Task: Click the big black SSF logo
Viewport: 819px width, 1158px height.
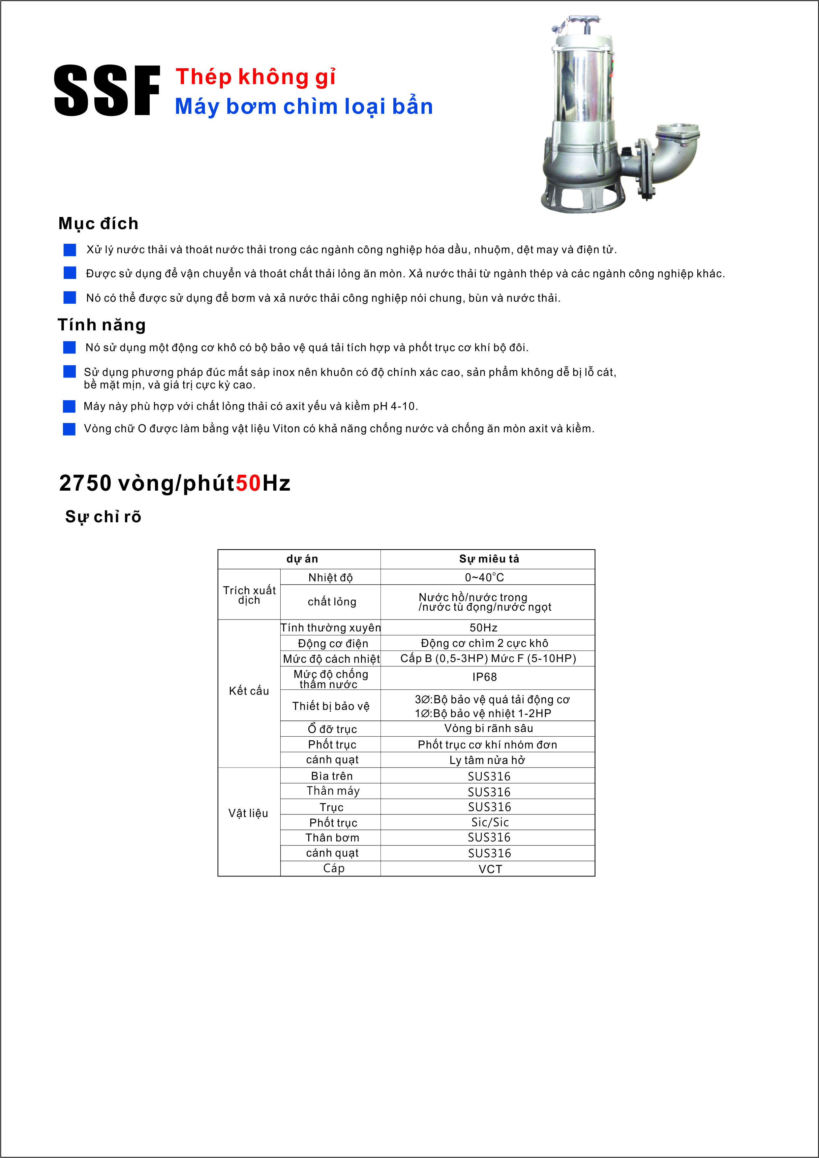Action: tap(106, 91)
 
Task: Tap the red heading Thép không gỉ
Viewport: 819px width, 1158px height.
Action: tap(255, 77)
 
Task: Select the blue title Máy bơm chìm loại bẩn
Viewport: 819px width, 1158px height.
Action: tap(304, 107)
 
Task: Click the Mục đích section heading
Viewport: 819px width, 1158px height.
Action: tap(98, 224)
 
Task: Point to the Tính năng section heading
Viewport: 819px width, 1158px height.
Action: tap(101, 325)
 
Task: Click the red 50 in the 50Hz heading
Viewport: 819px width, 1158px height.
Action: tap(248, 483)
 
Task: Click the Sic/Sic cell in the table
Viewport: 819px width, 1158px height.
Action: tap(490, 822)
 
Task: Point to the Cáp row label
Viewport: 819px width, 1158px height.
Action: tap(333, 868)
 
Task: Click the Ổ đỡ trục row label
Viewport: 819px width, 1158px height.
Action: tap(332, 729)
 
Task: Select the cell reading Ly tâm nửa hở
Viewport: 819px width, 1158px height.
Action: tap(487, 760)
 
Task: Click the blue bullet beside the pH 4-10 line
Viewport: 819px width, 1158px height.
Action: tap(69, 406)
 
